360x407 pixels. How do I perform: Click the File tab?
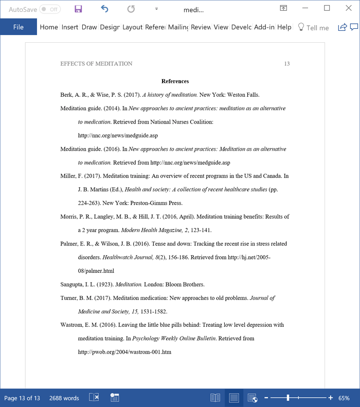(19, 27)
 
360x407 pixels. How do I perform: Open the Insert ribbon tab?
(69, 27)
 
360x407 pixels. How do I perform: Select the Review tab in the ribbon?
(201, 27)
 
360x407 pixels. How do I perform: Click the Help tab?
(284, 27)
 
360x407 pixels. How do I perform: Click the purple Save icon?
(78, 9)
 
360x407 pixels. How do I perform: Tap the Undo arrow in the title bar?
(105, 9)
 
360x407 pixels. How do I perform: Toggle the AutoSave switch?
(49, 9)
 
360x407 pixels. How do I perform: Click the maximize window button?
(327, 8)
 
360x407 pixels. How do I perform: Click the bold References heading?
(175, 81)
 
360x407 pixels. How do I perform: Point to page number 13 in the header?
(287, 64)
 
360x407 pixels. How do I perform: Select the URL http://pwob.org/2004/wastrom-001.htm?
(124, 352)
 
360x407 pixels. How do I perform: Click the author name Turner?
(69, 298)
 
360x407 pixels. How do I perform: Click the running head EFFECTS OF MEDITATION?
(96, 64)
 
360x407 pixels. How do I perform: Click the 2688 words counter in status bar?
(64, 398)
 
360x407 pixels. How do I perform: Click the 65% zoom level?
(344, 398)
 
